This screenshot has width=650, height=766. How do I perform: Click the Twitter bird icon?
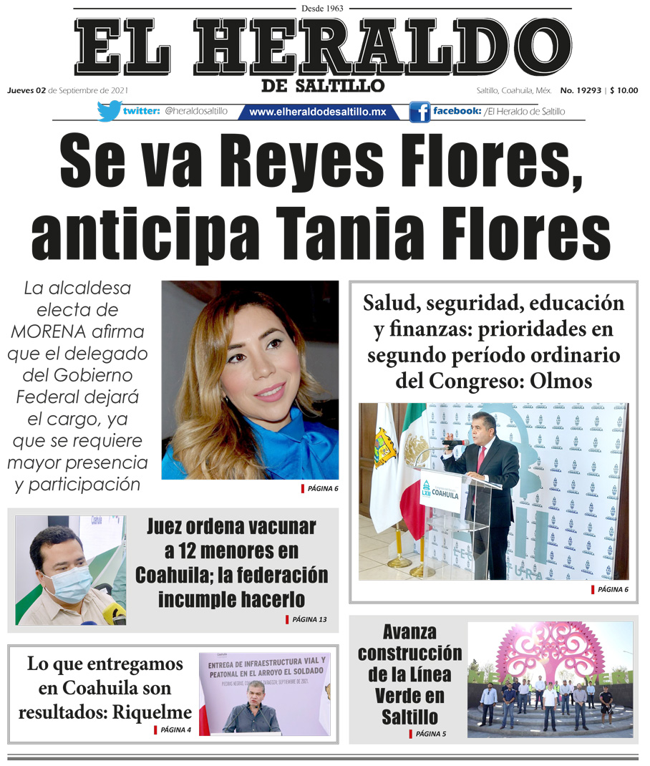tap(109, 111)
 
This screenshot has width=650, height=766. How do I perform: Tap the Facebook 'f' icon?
tap(419, 112)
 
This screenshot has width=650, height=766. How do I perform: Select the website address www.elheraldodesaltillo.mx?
tap(318, 112)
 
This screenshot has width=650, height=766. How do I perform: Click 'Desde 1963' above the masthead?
tap(324, 8)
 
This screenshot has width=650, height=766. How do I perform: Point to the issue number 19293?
tap(586, 90)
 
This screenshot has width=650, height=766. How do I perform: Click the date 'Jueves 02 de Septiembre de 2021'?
tap(68, 90)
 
